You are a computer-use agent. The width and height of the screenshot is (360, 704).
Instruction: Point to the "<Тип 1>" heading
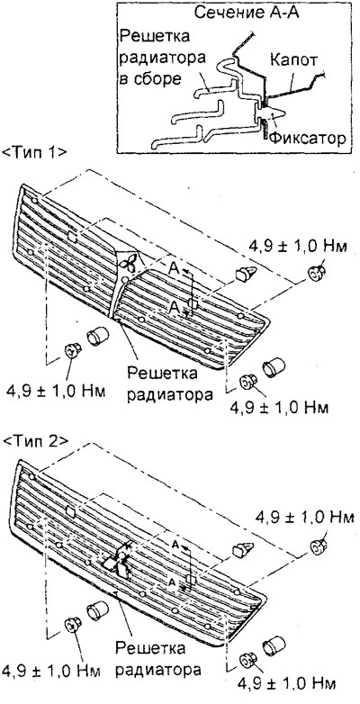35,153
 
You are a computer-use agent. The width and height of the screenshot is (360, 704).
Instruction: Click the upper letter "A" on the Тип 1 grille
175,268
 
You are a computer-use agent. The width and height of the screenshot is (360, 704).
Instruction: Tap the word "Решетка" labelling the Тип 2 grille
150,649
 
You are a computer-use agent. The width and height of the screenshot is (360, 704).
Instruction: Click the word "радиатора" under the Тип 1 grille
169,395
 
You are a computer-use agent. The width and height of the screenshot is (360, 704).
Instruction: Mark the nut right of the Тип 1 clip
316,272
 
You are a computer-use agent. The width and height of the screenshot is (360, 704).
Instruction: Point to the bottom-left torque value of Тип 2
50,672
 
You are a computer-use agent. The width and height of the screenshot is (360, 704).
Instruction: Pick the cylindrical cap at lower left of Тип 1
98,336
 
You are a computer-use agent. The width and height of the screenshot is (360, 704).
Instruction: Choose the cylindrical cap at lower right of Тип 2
274,645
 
